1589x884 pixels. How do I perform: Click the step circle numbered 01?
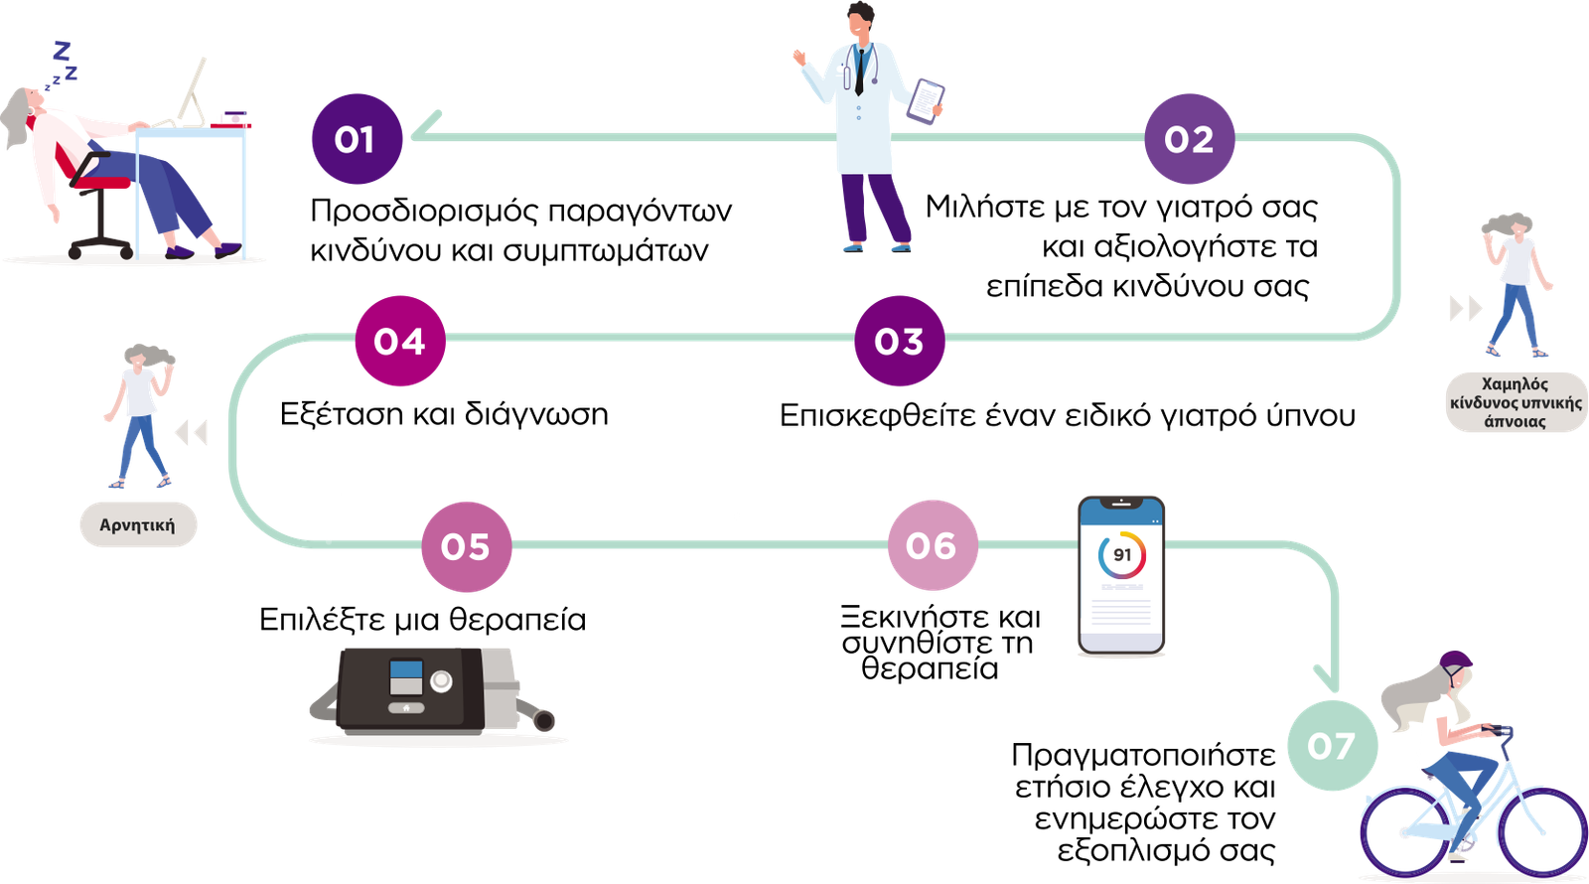coord(356,139)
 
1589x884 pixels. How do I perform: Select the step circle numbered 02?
coord(1189,139)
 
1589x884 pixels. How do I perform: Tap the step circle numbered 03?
coord(899,341)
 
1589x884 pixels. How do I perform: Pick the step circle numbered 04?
coord(399,341)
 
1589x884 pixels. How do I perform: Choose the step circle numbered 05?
coord(466,546)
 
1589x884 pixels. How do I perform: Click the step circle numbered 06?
coord(932,545)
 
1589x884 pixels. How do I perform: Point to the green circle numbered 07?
coord(1331,745)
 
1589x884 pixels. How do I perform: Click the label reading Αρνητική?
coord(138,525)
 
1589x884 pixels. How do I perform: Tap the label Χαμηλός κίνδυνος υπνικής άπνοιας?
coord(1516,402)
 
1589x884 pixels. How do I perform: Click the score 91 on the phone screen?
coord(1121,555)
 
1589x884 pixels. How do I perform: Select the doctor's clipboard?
coord(926,101)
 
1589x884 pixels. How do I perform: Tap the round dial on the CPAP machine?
coord(441,681)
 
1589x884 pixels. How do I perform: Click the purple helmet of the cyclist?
coord(1456,663)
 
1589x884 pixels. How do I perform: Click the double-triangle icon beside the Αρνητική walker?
coord(190,433)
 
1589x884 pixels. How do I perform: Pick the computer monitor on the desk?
coord(194,89)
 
